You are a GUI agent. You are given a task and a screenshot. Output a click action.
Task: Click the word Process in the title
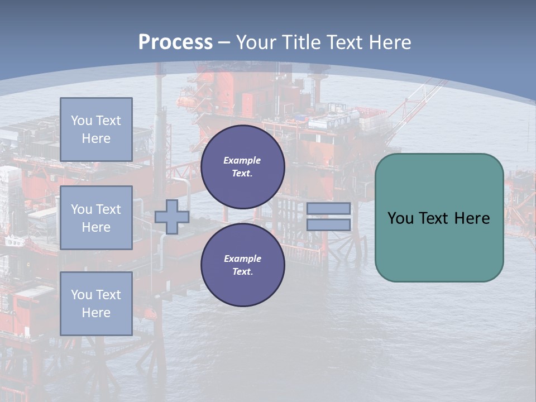point(175,42)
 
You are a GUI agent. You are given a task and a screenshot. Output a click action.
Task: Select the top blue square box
point(96,130)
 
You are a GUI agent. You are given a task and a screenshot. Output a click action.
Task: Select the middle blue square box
point(96,218)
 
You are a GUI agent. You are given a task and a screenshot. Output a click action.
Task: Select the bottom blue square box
point(96,304)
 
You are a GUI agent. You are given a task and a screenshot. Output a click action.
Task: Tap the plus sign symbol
point(172,217)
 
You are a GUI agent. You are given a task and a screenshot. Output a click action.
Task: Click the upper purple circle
point(242,167)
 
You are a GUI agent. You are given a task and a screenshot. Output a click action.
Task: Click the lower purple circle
point(242,265)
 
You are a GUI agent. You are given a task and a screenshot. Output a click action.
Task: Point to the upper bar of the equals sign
point(328,208)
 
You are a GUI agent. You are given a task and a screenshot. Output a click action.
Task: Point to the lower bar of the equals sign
point(328,224)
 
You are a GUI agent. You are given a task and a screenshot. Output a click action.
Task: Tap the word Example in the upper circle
point(242,160)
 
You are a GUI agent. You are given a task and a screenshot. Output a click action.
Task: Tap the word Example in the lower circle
point(242,259)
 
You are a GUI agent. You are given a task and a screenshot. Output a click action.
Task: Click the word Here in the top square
point(96,138)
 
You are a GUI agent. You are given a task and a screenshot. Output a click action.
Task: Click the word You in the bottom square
point(82,295)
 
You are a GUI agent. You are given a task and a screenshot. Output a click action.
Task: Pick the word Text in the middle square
point(108,209)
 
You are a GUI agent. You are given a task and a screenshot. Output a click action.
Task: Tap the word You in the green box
point(400,218)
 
